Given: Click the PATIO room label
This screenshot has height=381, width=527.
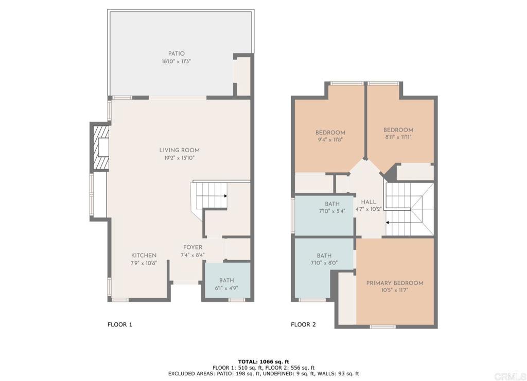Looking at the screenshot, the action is [x=177, y=53].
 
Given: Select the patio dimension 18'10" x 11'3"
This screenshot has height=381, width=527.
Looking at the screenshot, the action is [x=177, y=61].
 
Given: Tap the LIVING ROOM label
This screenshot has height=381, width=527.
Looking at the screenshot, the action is [x=180, y=150].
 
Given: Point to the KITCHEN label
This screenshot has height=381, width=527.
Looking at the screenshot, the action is [x=144, y=256].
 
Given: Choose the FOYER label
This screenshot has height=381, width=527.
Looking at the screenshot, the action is [x=193, y=247].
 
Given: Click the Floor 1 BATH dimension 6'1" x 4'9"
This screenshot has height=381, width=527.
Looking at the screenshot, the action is [x=226, y=288].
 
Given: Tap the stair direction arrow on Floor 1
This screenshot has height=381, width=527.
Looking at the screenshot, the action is [x=225, y=196].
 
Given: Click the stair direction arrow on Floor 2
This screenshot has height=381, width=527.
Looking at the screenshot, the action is [x=388, y=223].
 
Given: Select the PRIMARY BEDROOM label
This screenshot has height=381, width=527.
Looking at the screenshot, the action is [x=395, y=283].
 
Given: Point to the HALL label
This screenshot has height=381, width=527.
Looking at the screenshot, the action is [x=368, y=202].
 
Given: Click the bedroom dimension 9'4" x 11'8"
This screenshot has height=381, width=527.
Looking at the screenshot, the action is [x=330, y=140].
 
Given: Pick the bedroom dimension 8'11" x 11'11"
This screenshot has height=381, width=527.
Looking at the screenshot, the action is [x=398, y=137].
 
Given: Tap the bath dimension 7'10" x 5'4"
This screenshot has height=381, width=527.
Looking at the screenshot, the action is [x=332, y=211].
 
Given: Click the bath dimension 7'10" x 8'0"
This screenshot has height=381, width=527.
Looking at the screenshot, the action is [x=324, y=263].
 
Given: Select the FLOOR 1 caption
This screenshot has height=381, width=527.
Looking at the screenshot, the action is [x=120, y=324].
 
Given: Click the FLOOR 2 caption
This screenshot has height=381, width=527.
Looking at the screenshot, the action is [x=304, y=324].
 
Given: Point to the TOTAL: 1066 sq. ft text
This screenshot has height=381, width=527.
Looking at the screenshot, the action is [x=263, y=361].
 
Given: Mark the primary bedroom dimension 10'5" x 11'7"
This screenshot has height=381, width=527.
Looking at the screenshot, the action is [x=395, y=291].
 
